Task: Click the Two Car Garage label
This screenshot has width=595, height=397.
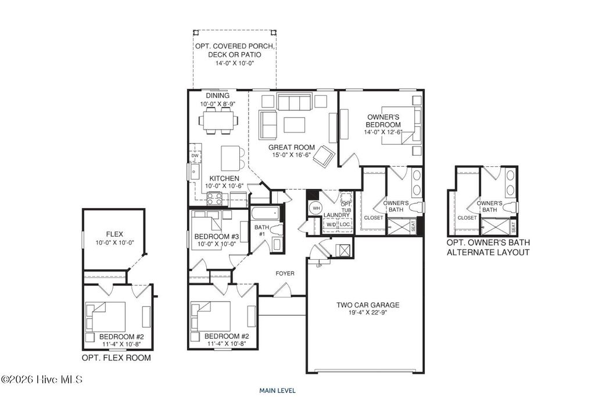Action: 368,305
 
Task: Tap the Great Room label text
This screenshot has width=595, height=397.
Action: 291,148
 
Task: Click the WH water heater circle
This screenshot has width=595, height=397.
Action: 316,208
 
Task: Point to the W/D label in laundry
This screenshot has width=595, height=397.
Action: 330,224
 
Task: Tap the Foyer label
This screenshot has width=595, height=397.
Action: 285,273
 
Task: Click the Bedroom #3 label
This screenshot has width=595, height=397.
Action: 217,236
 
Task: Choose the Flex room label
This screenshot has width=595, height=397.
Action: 114,234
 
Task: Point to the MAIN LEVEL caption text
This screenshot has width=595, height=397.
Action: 278,390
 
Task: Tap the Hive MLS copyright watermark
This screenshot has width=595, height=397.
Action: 42,380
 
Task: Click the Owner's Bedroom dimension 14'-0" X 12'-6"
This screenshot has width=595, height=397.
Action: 384,132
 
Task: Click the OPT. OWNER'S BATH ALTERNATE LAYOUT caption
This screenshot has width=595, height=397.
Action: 488,248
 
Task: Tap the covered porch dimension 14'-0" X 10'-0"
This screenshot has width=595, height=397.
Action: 235,63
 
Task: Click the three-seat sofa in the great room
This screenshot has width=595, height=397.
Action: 294,102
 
